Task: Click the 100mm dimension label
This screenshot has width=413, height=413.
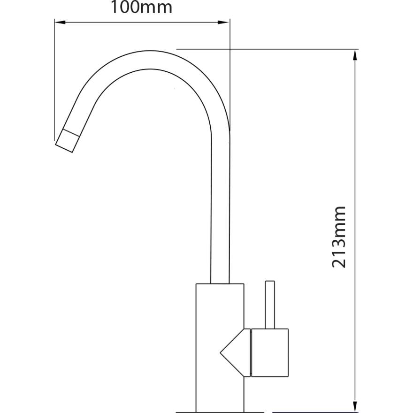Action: (141, 8)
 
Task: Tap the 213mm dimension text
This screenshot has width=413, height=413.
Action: (339, 237)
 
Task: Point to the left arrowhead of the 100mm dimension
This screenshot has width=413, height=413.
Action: (59, 22)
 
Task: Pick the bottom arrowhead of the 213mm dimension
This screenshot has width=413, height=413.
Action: (356, 407)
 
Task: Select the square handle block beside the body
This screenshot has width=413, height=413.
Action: (269, 352)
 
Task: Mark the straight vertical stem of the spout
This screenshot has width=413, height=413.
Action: (220, 211)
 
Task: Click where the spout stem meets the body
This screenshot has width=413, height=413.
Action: (220, 283)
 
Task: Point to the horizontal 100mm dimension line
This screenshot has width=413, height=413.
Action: (141, 22)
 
